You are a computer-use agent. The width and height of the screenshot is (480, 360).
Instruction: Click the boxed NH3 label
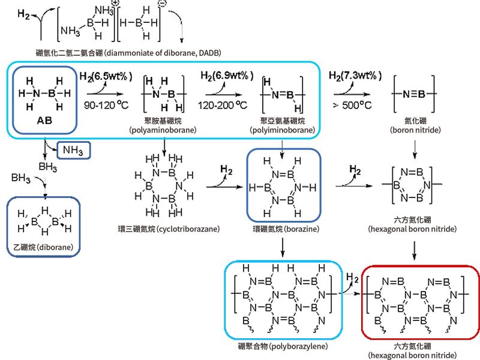point(74,149)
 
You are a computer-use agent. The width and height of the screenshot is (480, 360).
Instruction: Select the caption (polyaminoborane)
point(164,129)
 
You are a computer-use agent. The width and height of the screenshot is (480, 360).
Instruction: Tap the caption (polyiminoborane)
point(281,129)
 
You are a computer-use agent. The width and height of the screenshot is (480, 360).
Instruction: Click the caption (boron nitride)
point(416,129)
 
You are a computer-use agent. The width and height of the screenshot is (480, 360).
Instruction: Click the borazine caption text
point(284,229)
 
